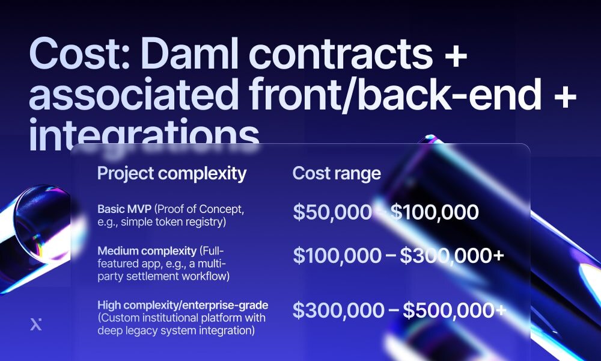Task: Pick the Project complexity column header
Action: tap(172, 174)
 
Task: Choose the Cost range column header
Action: tap(337, 174)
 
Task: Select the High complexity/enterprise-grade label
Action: tap(183, 305)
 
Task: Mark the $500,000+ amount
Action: tap(454, 310)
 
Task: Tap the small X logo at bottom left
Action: tap(36, 325)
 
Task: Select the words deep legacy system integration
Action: tap(176, 330)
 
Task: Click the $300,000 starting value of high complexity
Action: tap(338, 310)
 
